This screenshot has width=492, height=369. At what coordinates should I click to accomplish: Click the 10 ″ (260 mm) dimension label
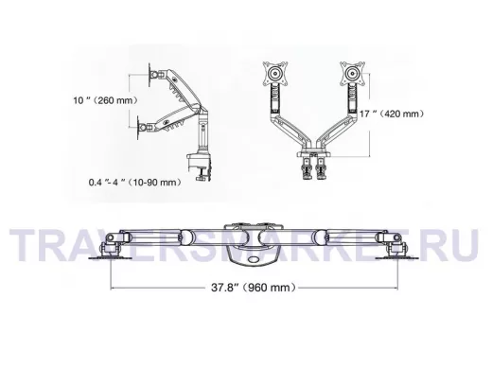[x=106, y=100]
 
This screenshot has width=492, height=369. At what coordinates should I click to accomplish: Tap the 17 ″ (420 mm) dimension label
[x=392, y=114]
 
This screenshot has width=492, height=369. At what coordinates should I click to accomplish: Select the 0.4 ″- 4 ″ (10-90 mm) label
[x=135, y=183]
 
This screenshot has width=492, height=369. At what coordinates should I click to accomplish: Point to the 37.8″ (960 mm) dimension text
[x=254, y=288]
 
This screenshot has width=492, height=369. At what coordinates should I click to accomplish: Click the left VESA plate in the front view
[x=275, y=74]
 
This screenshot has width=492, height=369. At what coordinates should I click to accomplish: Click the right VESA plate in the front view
[x=352, y=74]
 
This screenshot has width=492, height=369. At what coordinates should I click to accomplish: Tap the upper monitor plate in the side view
[x=150, y=75]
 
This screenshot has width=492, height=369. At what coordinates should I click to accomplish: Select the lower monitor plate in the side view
[x=138, y=128]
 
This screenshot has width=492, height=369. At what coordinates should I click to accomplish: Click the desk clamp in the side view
[x=200, y=167]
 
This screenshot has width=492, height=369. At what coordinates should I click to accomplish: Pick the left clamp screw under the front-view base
[x=307, y=168]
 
